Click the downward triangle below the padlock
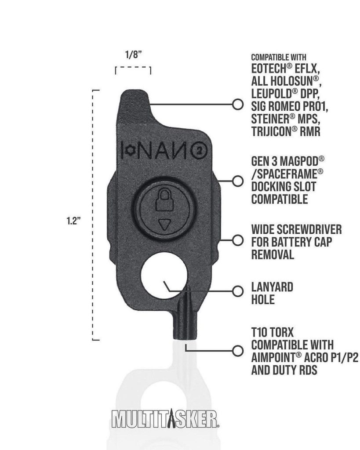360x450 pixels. click(x=164, y=225)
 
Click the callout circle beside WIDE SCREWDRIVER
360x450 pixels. click(x=238, y=240)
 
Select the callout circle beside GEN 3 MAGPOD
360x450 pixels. click(x=238, y=181)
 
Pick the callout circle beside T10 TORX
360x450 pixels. click(x=238, y=351)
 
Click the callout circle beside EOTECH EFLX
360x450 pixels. click(x=238, y=105)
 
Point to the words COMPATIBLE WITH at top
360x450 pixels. click(x=279, y=58)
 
